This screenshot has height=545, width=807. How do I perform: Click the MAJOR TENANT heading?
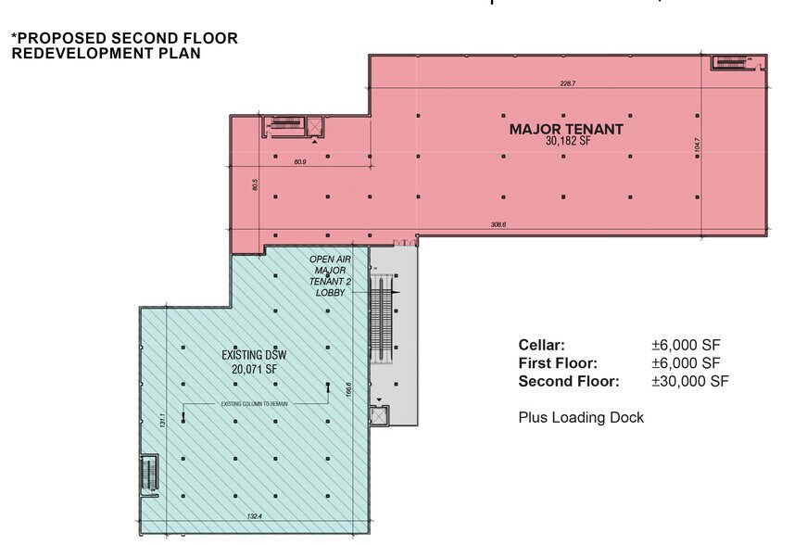565,129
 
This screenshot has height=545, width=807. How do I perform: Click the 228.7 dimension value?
568,83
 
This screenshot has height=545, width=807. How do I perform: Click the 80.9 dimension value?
299,162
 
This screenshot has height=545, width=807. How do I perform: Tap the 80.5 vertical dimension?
255,184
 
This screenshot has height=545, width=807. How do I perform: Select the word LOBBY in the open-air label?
329,293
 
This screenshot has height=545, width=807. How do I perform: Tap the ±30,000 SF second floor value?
689,381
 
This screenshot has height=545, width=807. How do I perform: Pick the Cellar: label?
541,345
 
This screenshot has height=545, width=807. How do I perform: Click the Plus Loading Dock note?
580,418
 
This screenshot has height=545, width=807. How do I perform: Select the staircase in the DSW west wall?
146,474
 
